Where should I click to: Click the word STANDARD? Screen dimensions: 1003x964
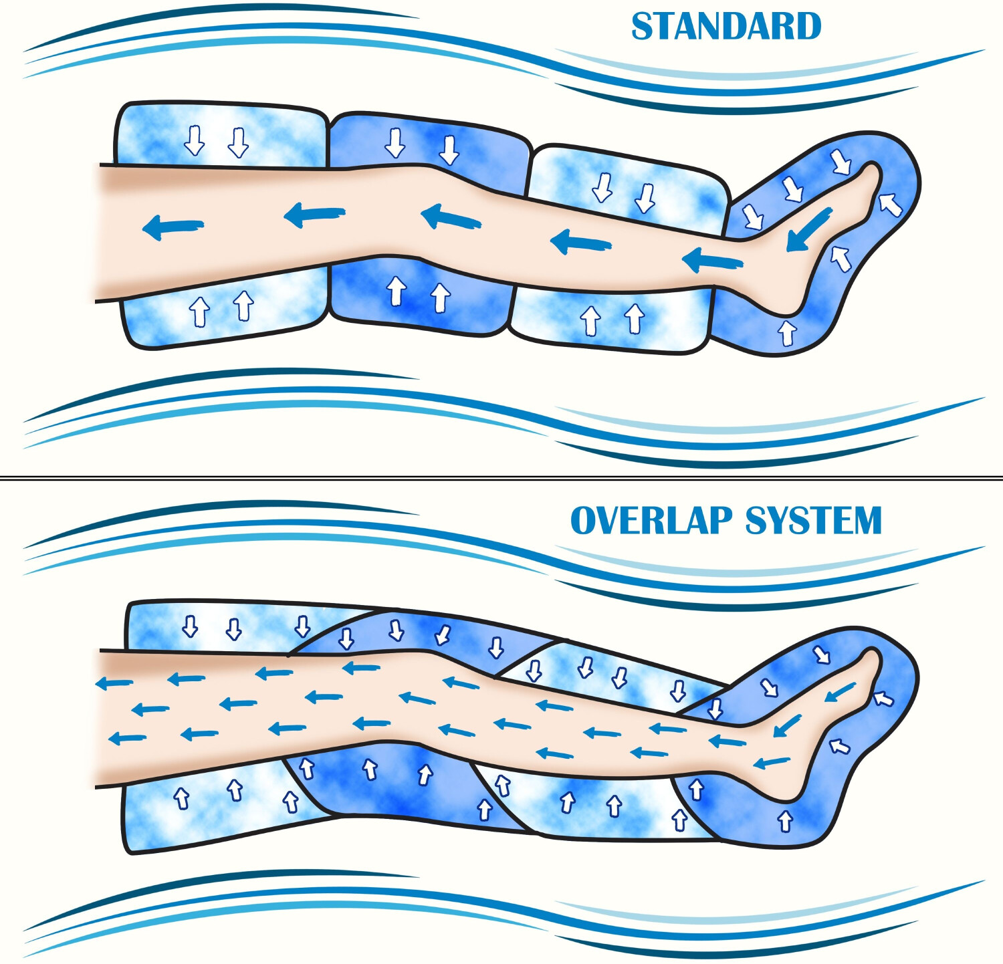tap(726, 26)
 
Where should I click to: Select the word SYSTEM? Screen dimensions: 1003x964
tap(814, 520)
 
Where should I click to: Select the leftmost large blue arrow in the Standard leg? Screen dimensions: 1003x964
tap(173, 227)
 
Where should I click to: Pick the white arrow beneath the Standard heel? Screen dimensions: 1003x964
tap(788, 332)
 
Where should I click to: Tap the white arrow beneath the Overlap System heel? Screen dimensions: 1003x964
tap(786, 820)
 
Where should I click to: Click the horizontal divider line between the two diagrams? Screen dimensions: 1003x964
tap(501, 478)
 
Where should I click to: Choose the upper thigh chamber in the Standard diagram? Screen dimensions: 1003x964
tap(222, 134)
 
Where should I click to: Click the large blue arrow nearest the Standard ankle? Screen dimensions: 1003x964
tap(713, 261)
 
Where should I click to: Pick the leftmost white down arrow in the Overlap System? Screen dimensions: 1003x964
tap(190, 626)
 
